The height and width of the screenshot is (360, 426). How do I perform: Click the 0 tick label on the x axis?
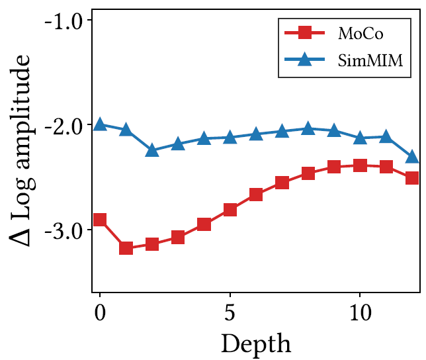[100, 311]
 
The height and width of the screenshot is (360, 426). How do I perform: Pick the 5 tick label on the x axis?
[230, 311]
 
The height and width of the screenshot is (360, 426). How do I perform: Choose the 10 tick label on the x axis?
[359, 311]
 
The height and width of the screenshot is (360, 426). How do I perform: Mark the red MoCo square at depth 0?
[100, 220]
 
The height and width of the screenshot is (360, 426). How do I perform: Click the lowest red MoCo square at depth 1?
[126, 248]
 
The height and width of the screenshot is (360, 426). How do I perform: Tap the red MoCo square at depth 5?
[230, 210]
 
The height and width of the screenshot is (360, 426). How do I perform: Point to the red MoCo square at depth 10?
[359, 165]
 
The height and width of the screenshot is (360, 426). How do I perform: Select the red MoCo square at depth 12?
[411, 177]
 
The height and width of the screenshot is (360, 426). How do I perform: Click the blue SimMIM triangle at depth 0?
[100, 124]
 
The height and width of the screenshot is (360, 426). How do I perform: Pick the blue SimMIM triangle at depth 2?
[151, 150]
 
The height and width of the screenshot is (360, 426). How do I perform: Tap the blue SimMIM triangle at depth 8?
[308, 128]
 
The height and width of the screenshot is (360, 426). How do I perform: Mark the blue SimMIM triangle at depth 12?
[411, 156]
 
